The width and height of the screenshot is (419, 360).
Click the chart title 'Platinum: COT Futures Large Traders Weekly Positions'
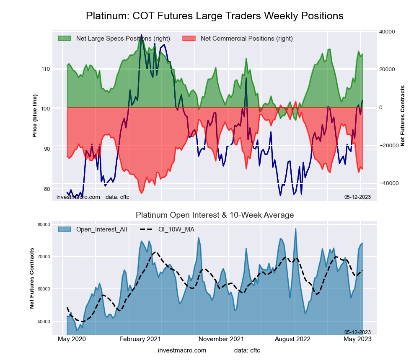tap(215, 16)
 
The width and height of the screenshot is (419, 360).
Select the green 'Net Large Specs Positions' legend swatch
tap(65, 39)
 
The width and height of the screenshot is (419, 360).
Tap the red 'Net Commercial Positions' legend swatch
tap(189, 39)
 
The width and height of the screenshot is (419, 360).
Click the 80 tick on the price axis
tap(46, 189)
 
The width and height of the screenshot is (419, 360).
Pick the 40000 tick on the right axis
tap(389, 32)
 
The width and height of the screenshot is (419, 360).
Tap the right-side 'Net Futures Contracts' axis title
tap(403, 116)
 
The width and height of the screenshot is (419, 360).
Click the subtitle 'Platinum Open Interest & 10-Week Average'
tap(215, 215)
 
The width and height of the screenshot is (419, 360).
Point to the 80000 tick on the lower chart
tap(44, 224)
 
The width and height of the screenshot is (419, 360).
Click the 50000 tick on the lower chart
tap(44, 321)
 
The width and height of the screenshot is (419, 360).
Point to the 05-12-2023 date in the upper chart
tap(357, 197)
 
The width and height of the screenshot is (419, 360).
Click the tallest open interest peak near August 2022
tap(295, 229)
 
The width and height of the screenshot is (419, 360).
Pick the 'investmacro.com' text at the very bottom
tap(182, 350)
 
